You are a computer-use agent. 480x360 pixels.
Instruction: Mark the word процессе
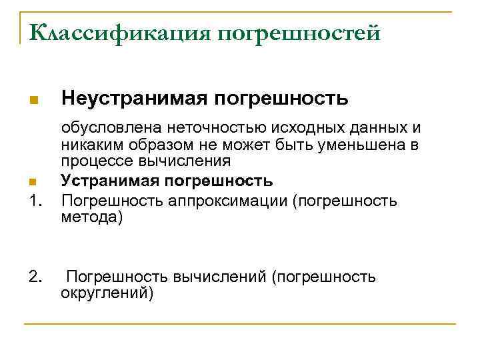[x=93, y=161]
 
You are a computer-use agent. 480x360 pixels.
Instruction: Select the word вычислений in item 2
[x=217, y=277]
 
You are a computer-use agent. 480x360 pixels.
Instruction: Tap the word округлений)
[x=107, y=293]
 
